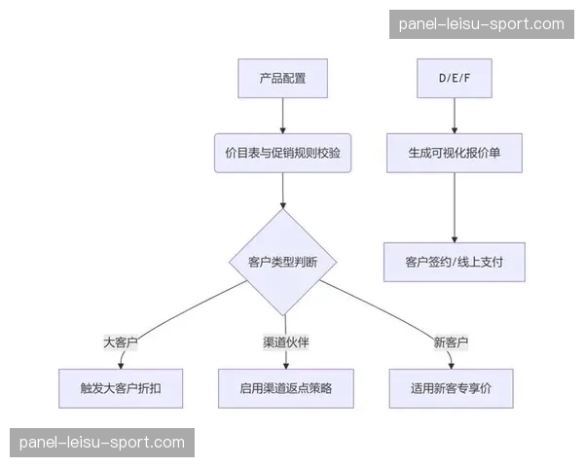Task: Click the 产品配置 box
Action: pos(282,79)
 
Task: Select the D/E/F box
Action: pos(454,79)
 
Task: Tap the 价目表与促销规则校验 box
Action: pos(282,153)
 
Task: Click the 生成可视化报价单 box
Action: pos(454,153)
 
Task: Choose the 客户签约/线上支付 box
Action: pos(454,262)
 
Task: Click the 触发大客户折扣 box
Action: pos(121,388)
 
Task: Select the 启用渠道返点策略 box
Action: pos(285,388)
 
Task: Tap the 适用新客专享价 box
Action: pos(451,388)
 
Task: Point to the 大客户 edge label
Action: pos(121,342)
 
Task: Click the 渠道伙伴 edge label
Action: pos(285,342)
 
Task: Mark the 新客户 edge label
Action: pos(451,342)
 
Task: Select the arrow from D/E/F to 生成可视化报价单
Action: pos(454,115)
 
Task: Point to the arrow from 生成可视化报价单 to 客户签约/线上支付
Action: pos(454,206)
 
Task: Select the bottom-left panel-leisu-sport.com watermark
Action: pos(101,443)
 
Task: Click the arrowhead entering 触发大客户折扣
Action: pos(121,365)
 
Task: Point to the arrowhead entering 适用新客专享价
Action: pos(451,365)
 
